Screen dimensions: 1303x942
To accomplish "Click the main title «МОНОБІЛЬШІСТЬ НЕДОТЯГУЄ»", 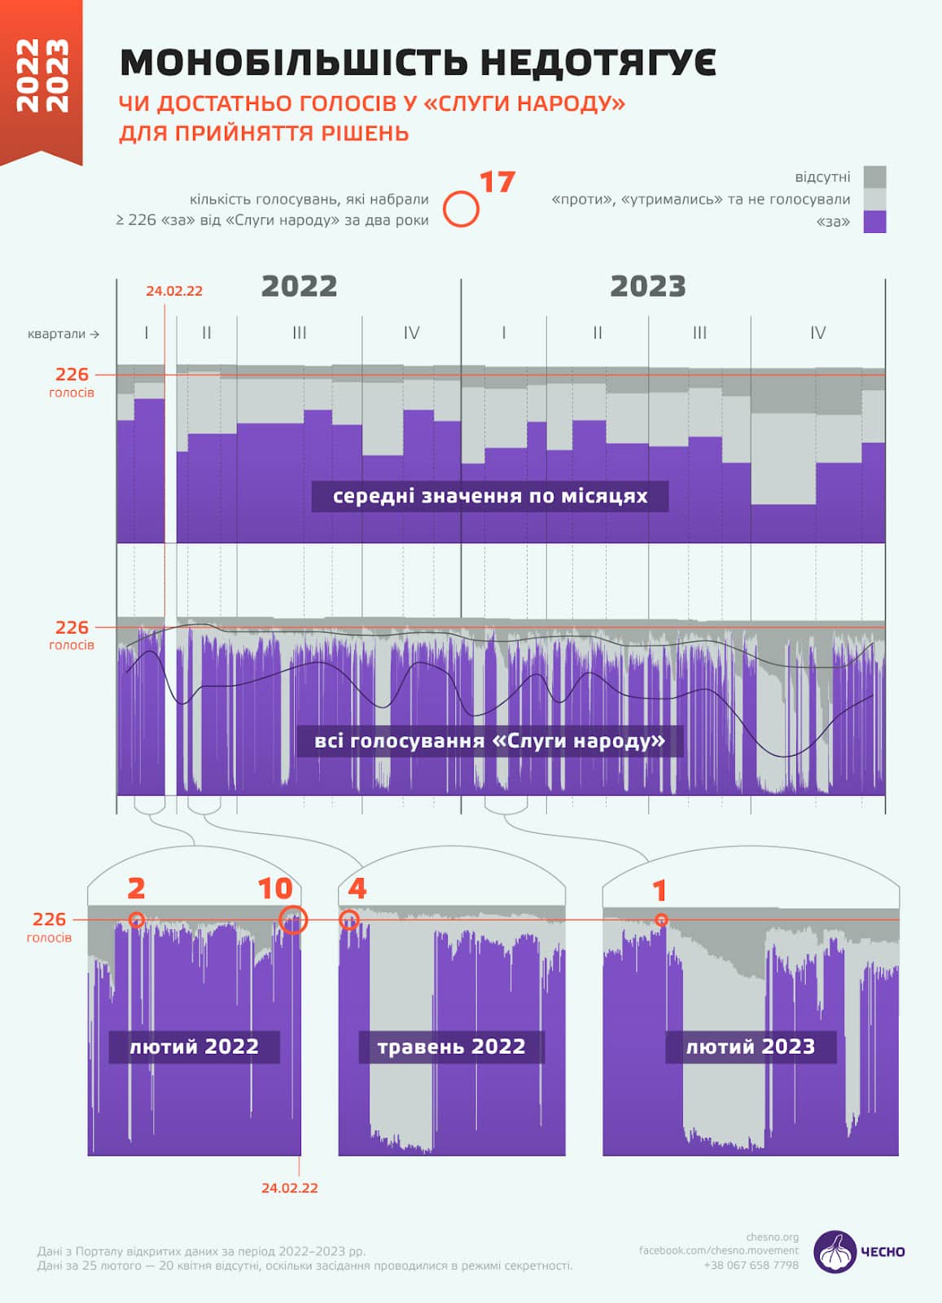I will tap(418, 63).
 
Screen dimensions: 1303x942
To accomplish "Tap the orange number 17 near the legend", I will tap(497, 182).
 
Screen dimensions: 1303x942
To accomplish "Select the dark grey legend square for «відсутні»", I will tap(874, 177).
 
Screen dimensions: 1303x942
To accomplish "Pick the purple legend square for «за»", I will tap(874, 222).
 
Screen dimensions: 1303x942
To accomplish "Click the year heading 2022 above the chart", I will tap(299, 287).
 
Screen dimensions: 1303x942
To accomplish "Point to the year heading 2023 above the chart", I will tap(647, 287).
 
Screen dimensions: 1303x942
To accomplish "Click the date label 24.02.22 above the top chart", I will tap(174, 291).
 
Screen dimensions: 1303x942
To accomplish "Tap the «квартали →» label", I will tap(64, 334).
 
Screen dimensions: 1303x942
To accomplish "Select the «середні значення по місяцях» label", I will tap(490, 496).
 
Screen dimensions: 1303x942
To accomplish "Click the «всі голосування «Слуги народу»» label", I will tap(489, 741).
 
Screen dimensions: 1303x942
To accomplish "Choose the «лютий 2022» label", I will tap(194, 1046).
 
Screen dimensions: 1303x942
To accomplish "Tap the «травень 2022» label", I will tap(451, 1046).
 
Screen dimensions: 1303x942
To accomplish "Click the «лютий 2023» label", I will tap(750, 1046).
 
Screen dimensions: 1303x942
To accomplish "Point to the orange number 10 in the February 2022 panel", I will tap(274, 888).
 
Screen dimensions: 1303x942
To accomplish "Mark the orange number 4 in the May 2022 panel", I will tap(357, 888).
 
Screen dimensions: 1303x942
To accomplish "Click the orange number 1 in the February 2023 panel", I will tap(659, 891).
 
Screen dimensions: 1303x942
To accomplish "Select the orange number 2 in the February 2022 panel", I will tap(136, 888).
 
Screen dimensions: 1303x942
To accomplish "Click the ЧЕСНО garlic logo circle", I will tap(835, 1252).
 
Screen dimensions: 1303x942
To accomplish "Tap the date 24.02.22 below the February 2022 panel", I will tap(289, 1188).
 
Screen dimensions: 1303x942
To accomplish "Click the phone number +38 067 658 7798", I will tap(751, 1265).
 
